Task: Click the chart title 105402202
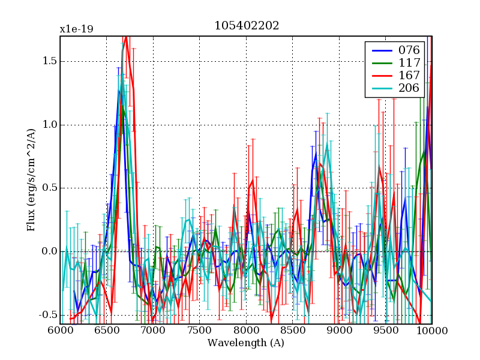pyautogui.click(x=246, y=26)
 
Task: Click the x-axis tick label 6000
pyautogui.click(x=60, y=331)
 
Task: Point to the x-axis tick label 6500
pyautogui.click(x=107, y=331)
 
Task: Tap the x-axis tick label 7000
pyautogui.click(x=153, y=331)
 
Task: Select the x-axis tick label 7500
pyautogui.click(x=200, y=331)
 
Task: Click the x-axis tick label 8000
pyautogui.click(x=246, y=331)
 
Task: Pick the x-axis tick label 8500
pyautogui.click(x=293, y=331)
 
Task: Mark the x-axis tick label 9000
pyautogui.click(x=339, y=331)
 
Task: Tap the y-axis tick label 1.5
pyautogui.click(x=47, y=62)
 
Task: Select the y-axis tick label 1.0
pyautogui.click(x=47, y=125)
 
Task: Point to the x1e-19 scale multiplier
pyautogui.click(x=76, y=29)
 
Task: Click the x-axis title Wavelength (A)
pyautogui.click(x=246, y=343)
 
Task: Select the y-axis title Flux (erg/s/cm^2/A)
pyautogui.click(x=31, y=180)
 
